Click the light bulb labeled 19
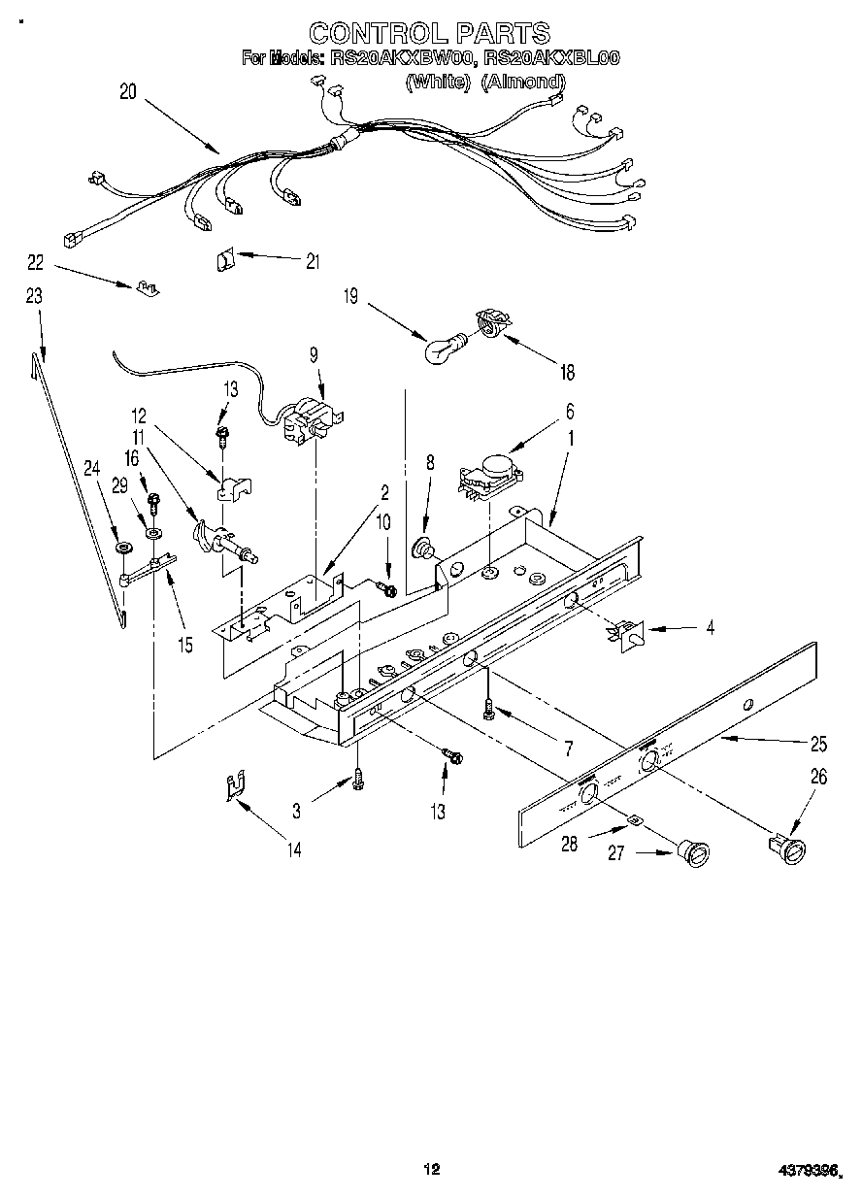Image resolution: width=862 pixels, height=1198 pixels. tap(445, 347)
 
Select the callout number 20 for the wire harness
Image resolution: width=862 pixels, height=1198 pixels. tap(127, 93)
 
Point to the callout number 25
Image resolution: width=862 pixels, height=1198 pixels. tap(817, 745)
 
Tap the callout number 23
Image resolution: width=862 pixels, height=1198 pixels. tap(34, 298)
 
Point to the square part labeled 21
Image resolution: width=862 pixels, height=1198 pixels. tap(224, 260)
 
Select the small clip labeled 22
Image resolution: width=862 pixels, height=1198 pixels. tap(148, 287)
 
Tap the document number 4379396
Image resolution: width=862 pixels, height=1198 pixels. tap(804, 1171)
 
